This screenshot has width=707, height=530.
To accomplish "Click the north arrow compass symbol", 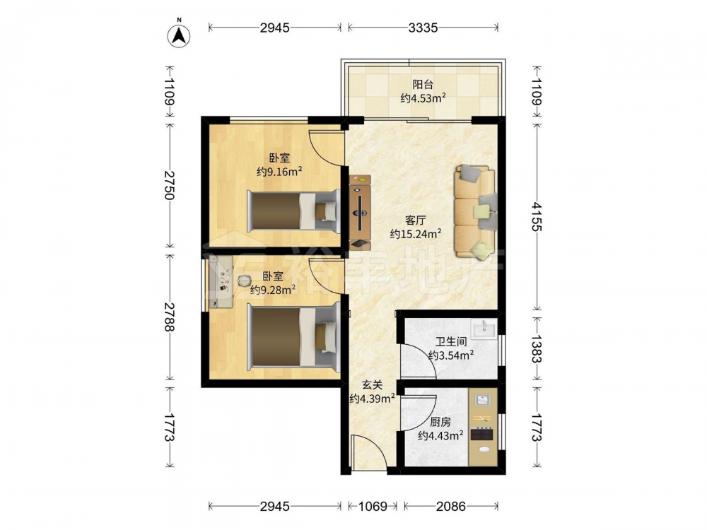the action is click(x=179, y=35).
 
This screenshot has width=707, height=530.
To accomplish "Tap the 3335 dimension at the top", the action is click(x=423, y=28).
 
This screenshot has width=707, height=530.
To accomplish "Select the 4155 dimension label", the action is click(x=537, y=216).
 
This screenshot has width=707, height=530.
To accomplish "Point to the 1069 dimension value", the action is click(x=373, y=506).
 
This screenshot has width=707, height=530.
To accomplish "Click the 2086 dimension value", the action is click(x=451, y=506).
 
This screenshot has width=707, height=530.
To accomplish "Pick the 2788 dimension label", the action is click(x=170, y=317).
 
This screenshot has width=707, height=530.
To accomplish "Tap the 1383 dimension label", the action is click(x=537, y=348).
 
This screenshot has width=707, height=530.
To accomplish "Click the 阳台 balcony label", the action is click(x=423, y=84).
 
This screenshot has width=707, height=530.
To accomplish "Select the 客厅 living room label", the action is click(x=416, y=220).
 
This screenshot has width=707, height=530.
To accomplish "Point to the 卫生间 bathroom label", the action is click(x=451, y=342).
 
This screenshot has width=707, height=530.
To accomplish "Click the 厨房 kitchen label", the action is click(x=440, y=423).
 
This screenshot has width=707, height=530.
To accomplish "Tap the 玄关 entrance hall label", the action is click(x=373, y=385).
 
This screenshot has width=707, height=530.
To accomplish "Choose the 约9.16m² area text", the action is click(x=279, y=171).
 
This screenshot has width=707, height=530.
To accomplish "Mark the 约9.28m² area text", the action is click(x=273, y=289).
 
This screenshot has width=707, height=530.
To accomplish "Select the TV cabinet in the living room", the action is click(x=361, y=212).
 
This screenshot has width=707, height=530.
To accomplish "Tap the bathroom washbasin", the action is click(x=484, y=328).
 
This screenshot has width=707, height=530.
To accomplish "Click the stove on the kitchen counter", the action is click(x=482, y=434).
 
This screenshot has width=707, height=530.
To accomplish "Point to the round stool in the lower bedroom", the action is click(x=244, y=281).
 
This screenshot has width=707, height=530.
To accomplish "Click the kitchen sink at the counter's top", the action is click(x=483, y=400).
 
